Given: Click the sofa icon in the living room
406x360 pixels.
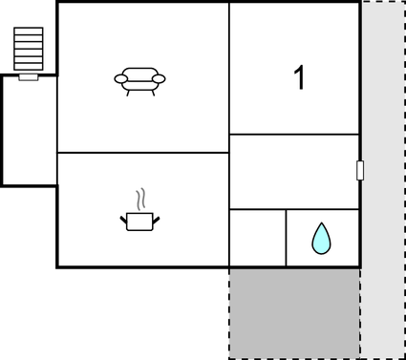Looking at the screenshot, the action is click(139, 80).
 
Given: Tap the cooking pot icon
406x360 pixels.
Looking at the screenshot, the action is click(139, 222).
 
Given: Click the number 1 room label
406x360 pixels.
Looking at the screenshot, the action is click(299, 78).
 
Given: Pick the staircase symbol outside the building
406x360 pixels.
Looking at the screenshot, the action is click(29, 49).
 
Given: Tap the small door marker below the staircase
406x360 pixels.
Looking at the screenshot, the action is click(29, 76).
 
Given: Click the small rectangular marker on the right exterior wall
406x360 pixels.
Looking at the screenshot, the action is click(360, 171).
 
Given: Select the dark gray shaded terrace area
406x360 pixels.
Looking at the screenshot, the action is click(293, 312).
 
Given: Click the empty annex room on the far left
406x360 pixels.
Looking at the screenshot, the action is click(29, 131).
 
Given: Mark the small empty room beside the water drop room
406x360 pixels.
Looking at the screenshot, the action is click(257, 238).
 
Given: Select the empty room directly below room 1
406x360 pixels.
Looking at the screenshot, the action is click(293, 172).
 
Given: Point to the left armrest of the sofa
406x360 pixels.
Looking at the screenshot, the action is click(119, 78).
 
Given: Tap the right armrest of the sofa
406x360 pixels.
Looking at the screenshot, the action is click(160, 78).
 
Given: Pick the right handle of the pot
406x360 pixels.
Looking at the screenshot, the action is click(156, 221).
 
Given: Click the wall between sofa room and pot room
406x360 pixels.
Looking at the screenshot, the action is click(143, 153).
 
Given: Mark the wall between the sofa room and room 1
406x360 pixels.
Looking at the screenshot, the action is click(229, 76).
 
